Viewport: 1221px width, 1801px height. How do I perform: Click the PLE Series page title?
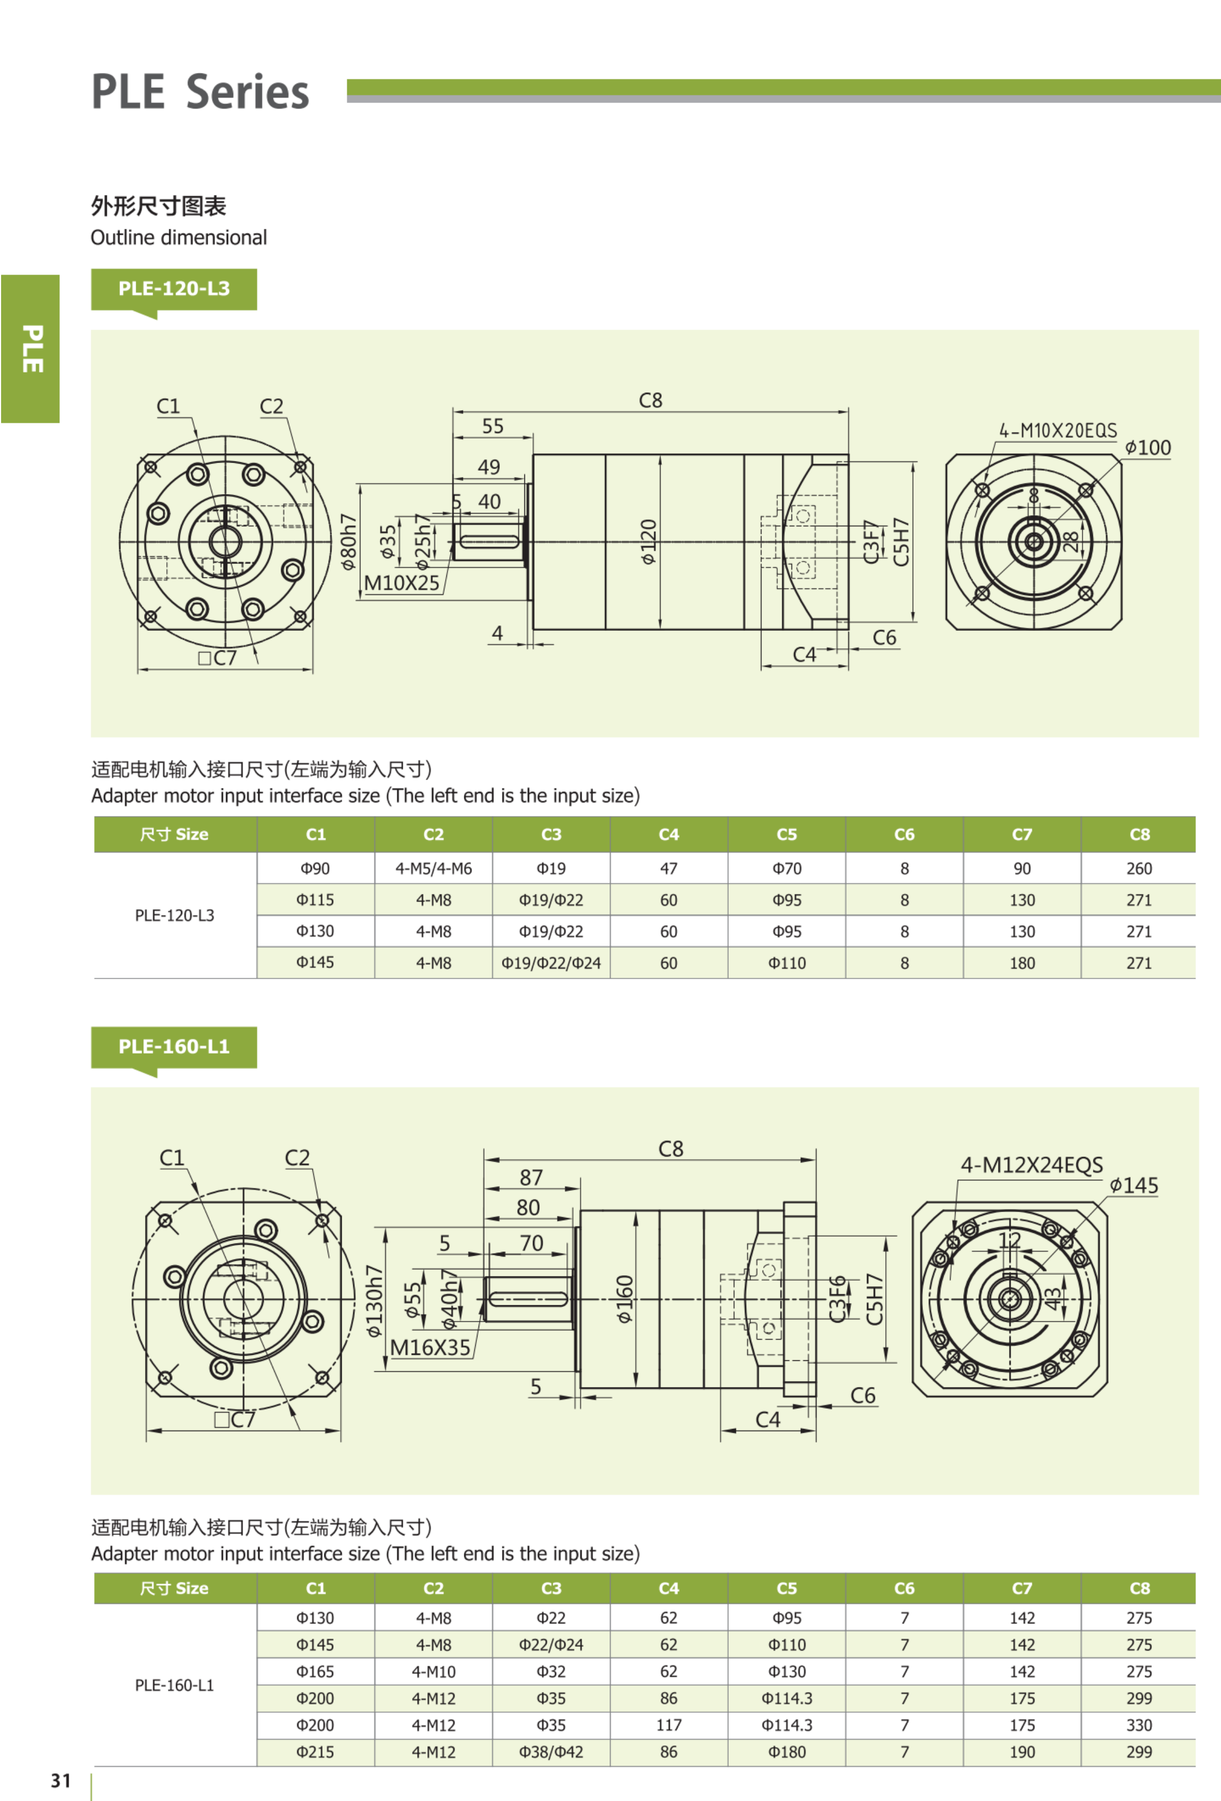[x=200, y=92]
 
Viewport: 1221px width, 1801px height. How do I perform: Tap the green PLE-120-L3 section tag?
[x=174, y=289]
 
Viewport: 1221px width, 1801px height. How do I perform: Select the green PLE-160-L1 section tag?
[x=174, y=1047]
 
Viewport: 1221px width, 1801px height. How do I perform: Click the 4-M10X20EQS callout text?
[x=1057, y=430]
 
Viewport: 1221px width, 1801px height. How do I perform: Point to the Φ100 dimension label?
[x=1148, y=448]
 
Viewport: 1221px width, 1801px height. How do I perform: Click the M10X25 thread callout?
[x=402, y=583]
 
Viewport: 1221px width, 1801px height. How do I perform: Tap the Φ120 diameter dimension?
[x=649, y=541]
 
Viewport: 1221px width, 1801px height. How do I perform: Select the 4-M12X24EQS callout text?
[x=1031, y=1165]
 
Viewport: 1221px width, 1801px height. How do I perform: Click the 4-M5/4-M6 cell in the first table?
[x=433, y=869]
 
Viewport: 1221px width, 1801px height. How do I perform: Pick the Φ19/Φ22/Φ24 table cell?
[x=551, y=963]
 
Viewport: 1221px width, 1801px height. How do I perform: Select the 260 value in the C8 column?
[x=1139, y=869]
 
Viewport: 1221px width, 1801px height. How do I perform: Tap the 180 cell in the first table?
[x=1021, y=963]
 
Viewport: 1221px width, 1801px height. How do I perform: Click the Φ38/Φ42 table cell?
[x=551, y=1752]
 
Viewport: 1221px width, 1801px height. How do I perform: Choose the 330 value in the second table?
[x=1139, y=1725]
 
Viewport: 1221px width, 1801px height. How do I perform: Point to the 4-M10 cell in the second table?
[x=433, y=1671]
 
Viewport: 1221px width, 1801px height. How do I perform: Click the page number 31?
[x=61, y=1781]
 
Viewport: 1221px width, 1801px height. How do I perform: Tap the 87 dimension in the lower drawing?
[x=531, y=1178]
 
